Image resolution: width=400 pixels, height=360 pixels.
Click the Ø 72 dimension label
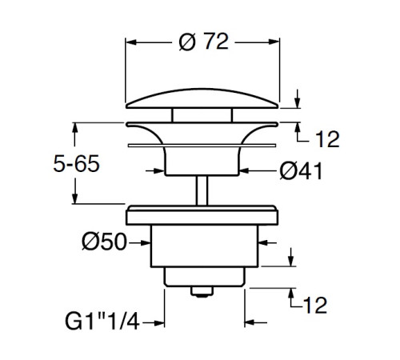point(204,42)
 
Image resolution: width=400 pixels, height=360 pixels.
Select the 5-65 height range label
point(77,163)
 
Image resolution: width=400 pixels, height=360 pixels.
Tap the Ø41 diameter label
point(301,170)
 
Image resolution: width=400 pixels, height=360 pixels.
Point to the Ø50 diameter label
point(104,242)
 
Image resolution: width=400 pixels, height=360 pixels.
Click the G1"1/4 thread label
point(102,322)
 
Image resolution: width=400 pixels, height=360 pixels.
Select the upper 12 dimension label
point(327,139)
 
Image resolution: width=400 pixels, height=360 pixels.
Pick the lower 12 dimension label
point(315,305)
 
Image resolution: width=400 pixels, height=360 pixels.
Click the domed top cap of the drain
point(202,98)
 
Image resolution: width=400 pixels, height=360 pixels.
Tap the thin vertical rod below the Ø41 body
point(202,190)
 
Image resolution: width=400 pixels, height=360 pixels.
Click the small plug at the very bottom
point(202,291)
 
